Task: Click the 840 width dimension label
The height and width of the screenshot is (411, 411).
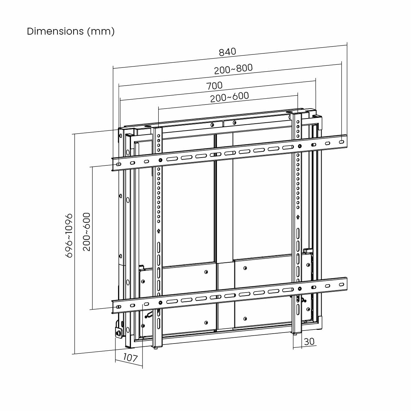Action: pyautogui.click(x=227, y=52)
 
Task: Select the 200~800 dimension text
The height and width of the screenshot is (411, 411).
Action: pyautogui.click(x=233, y=69)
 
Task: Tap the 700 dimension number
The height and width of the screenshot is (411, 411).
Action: pyautogui.click(x=214, y=86)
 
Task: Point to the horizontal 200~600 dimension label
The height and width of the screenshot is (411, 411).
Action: pyautogui.click(x=229, y=97)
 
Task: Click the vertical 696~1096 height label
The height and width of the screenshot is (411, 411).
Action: pyautogui.click(x=69, y=235)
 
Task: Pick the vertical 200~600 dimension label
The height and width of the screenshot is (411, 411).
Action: pyautogui.click(x=87, y=232)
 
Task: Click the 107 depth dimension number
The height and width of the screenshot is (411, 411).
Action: pyautogui.click(x=130, y=358)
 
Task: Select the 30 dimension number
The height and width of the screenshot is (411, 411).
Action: pyautogui.click(x=309, y=341)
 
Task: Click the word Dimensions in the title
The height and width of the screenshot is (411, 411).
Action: pyautogui.click(x=55, y=31)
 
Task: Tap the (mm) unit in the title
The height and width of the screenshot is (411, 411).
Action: pyautogui.click(x=101, y=31)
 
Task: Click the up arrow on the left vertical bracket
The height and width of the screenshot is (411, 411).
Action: pyautogui.click(x=159, y=231)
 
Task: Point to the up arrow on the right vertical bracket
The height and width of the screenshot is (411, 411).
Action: pyautogui.click(x=298, y=217)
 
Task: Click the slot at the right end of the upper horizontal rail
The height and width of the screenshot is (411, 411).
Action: pyautogui.click(x=341, y=141)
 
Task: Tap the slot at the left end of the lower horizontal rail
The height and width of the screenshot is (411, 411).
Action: pyautogui.click(x=118, y=307)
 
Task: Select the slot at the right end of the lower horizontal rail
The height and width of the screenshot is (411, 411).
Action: pyautogui.click(x=341, y=284)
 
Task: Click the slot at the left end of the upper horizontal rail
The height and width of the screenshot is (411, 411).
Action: pyautogui.click(x=118, y=165)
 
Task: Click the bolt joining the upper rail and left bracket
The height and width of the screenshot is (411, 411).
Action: pyautogui.click(x=160, y=160)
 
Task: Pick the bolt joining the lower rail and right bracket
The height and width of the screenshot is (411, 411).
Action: pyautogui.click(x=300, y=289)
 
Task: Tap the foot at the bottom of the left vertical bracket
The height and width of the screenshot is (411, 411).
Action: pyautogui.click(x=156, y=348)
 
